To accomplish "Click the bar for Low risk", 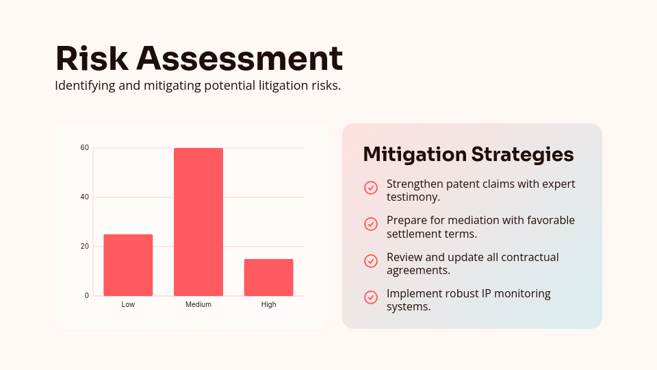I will coord(128,265).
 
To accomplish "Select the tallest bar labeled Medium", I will coord(198,222).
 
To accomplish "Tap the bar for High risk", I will coord(268,277).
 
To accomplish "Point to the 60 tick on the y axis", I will coord(85,148).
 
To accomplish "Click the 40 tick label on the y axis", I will coord(85,197).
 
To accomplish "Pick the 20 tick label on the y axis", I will coord(85,247).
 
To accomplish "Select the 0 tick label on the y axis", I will coord(87,296).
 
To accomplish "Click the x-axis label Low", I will coord(128,304).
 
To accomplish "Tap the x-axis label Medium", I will coord(198,304).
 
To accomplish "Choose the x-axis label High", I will coord(268,304).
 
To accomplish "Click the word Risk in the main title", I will coord(92,58).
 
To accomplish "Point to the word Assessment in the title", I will coord(240,58).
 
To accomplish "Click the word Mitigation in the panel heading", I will coord(415,154).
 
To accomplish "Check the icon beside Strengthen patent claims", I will coord(371,188).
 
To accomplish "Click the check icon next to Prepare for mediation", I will coord(371,224).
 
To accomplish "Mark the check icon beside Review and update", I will coord(371,261).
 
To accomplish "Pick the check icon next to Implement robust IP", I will coord(371,297).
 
